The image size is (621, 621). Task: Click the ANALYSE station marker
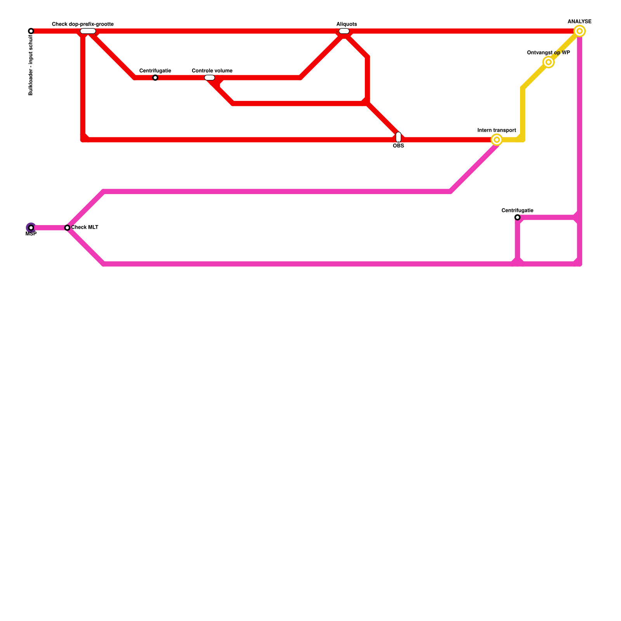pos(579,31)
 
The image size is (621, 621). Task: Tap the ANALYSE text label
pos(579,22)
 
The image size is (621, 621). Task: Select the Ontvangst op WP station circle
pos(548,62)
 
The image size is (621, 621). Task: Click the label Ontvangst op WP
pos(548,53)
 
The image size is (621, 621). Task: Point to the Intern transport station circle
pos(496,140)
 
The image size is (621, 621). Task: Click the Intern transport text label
pos(497,130)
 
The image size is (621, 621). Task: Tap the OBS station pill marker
pos(399,137)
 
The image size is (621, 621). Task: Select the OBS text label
pos(399,146)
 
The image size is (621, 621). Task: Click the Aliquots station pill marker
pos(344,31)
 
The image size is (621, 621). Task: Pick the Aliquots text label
pos(347,24)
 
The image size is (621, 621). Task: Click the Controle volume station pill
pos(210,78)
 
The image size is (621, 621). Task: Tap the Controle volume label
pos(212,71)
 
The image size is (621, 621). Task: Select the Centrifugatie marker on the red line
pos(155,78)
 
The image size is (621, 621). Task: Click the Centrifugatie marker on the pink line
pos(517,217)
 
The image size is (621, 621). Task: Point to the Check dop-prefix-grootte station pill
pos(88,31)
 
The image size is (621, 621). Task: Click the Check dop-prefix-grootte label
pos(83,24)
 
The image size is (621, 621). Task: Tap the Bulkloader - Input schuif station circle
pos(31,31)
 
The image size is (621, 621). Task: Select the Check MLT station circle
pos(68,228)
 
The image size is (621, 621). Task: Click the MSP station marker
pos(31,228)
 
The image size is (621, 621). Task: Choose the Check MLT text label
pos(85,227)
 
